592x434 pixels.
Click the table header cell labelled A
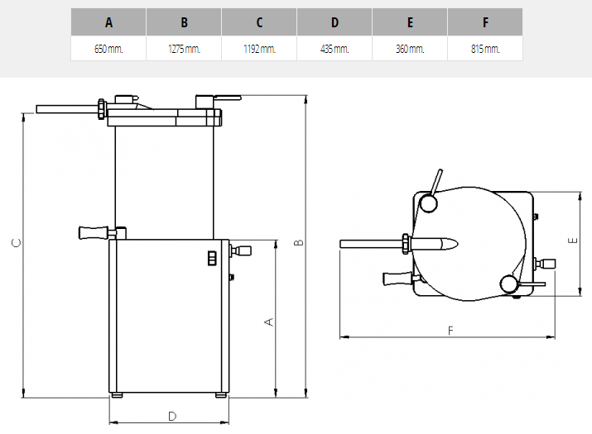[x=108, y=22]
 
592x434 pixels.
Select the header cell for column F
[x=485, y=22]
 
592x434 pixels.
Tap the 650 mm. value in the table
[x=108, y=49]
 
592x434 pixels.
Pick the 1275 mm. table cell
[x=184, y=49]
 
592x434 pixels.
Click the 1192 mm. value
[x=259, y=49]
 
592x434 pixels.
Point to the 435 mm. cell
[x=335, y=49]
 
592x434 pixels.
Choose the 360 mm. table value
[x=410, y=49]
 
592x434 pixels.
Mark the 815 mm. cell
[x=485, y=49]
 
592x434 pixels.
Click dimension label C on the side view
[x=17, y=243]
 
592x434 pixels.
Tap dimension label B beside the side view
[x=298, y=242]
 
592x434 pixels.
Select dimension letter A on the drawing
[x=269, y=322]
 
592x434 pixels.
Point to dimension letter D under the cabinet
[x=171, y=417]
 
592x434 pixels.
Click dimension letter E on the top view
[x=573, y=240]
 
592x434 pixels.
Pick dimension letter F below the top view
[x=450, y=331]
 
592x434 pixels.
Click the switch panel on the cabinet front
[x=212, y=258]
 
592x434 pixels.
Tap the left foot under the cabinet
[x=118, y=395]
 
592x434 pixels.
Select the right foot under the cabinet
[x=221, y=395]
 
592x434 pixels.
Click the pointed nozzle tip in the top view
[x=457, y=244]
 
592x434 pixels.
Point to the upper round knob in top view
[x=428, y=203]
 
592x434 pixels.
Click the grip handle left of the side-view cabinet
[x=94, y=232]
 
